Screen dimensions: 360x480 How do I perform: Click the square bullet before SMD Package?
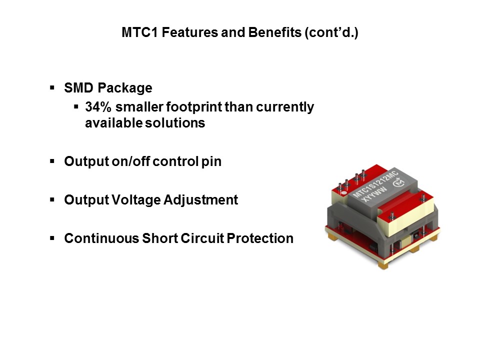(x=52, y=87)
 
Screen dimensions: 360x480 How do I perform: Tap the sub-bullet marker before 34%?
(x=76, y=106)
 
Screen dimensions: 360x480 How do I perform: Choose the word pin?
(x=212, y=162)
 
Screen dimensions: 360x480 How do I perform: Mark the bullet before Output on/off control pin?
(x=52, y=161)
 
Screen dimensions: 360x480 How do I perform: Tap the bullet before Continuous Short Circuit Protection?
(x=52, y=238)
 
